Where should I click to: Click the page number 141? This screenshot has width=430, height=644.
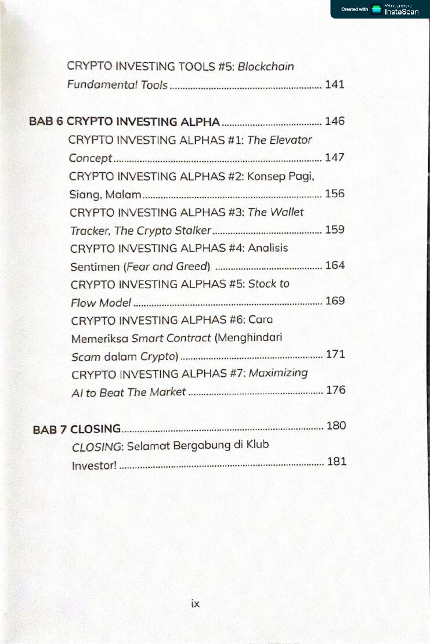[x=335, y=85]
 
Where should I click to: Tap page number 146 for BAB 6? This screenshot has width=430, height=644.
[x=335, y=121]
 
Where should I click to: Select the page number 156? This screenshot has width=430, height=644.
[x=335, y=193]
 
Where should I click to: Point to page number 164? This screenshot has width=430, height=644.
[x=335, y=265]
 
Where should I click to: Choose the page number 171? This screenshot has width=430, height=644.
[x=335, y=354]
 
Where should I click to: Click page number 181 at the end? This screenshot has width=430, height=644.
[x=337, y=462]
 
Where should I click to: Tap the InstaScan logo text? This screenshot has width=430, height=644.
[x=402, y=12]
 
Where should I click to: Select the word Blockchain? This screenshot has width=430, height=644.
[x=266, y=66]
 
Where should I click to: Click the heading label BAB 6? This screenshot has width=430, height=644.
[x=46, y=122]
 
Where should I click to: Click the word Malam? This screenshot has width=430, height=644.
[x=123, y=194]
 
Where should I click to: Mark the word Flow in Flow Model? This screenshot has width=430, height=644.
[x=83, y=303]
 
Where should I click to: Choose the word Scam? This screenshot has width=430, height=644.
[x=85, y=356]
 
